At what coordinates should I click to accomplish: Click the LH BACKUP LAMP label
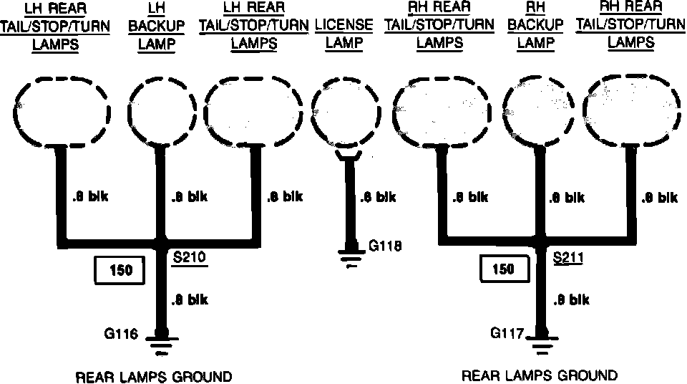(156, 27)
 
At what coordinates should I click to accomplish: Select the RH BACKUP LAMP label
(536, 27)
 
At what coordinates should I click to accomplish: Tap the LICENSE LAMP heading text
(343, 34)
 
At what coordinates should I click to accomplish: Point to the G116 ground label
(121, 333)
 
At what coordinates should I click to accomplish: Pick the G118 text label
(385, 246)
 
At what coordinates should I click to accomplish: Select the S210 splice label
(190, 256)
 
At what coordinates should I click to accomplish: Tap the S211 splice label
(568, 256)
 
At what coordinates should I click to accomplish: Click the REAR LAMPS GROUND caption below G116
(154, 376)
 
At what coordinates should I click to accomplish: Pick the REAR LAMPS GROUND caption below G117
(540, 375)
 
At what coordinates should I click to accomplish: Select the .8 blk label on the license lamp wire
(377, 196)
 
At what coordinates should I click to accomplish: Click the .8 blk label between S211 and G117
(570, 299)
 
